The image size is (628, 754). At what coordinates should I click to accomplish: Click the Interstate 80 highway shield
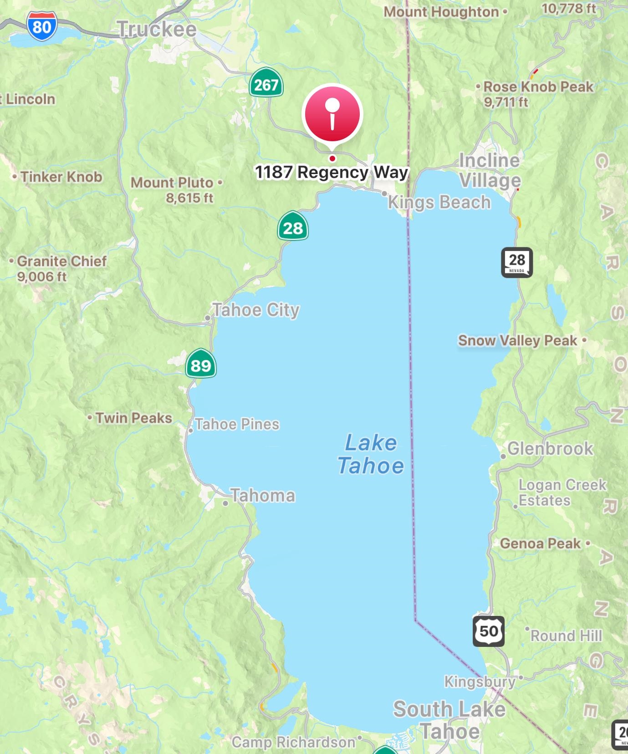42,26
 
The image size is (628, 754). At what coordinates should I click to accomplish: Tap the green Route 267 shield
266,83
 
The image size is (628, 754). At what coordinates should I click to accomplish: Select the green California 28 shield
293,226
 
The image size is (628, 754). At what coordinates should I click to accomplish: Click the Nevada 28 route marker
517,262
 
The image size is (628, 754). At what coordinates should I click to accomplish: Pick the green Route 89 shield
201,364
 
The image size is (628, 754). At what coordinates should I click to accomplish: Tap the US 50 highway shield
489,631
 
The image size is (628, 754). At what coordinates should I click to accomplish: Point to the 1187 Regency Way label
331,172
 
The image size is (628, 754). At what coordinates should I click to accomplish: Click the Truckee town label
157,30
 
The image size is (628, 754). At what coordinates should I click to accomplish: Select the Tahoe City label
256,310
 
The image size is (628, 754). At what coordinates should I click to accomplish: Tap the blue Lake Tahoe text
370,454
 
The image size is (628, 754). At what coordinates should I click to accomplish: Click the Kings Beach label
439,202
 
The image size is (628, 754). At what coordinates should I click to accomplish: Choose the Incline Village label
490,170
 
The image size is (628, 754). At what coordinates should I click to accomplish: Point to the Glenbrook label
550,449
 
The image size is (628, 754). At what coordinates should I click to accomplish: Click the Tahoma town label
263,496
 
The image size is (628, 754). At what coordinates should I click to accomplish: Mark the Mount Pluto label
172,183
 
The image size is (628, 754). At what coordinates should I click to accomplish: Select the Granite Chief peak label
61,262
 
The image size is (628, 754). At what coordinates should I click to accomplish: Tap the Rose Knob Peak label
538,87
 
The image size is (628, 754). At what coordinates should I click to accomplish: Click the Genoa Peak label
541,544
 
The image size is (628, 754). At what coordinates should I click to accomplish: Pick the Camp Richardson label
293,742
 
